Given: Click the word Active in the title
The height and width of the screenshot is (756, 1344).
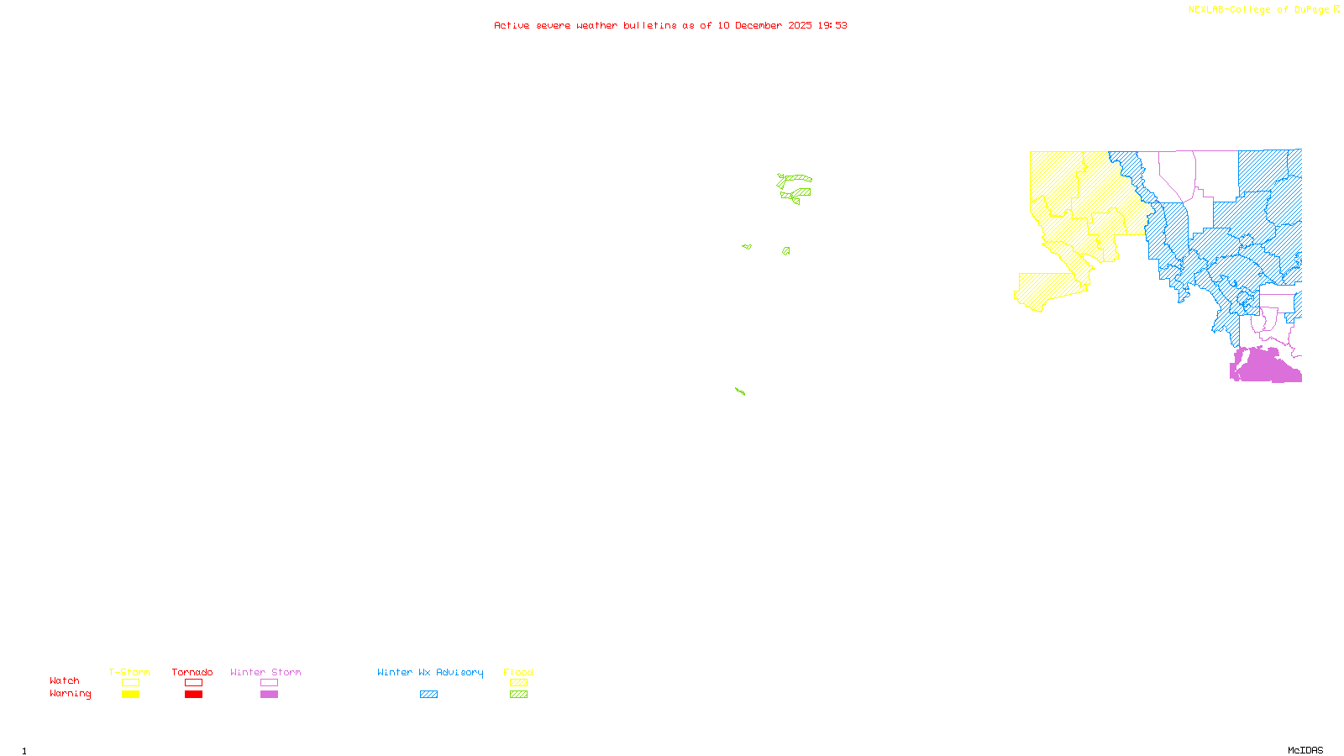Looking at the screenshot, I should point(512,25).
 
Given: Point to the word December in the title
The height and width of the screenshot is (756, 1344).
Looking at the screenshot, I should point(759,25).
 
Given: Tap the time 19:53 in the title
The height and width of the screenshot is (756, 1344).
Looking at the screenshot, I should point(832,25).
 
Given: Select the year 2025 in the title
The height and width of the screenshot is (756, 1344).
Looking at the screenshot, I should point(801,25).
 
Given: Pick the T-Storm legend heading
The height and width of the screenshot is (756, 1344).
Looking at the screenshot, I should point(129,672).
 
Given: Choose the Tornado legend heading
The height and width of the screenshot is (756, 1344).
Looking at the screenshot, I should point(192,672).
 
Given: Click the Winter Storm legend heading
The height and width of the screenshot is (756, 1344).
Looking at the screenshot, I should point(265,672).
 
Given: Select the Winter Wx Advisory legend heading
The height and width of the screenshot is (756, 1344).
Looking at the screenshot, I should point(430,672).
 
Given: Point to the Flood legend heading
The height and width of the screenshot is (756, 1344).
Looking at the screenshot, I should point(518,672).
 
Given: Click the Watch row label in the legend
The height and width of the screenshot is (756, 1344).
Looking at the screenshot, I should point(65,680).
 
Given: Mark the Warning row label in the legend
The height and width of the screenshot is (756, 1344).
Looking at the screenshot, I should point(71,694).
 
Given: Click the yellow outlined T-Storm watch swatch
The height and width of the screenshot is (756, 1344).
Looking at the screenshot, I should point(130,683).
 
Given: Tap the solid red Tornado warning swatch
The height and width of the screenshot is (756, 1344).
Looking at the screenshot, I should point(194,695).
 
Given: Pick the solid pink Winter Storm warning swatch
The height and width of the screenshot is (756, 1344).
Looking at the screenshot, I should point(269,695).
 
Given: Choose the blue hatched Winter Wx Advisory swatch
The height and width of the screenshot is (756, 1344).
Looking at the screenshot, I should point(429,695).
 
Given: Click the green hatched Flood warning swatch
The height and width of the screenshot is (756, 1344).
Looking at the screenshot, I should point(519,695).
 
